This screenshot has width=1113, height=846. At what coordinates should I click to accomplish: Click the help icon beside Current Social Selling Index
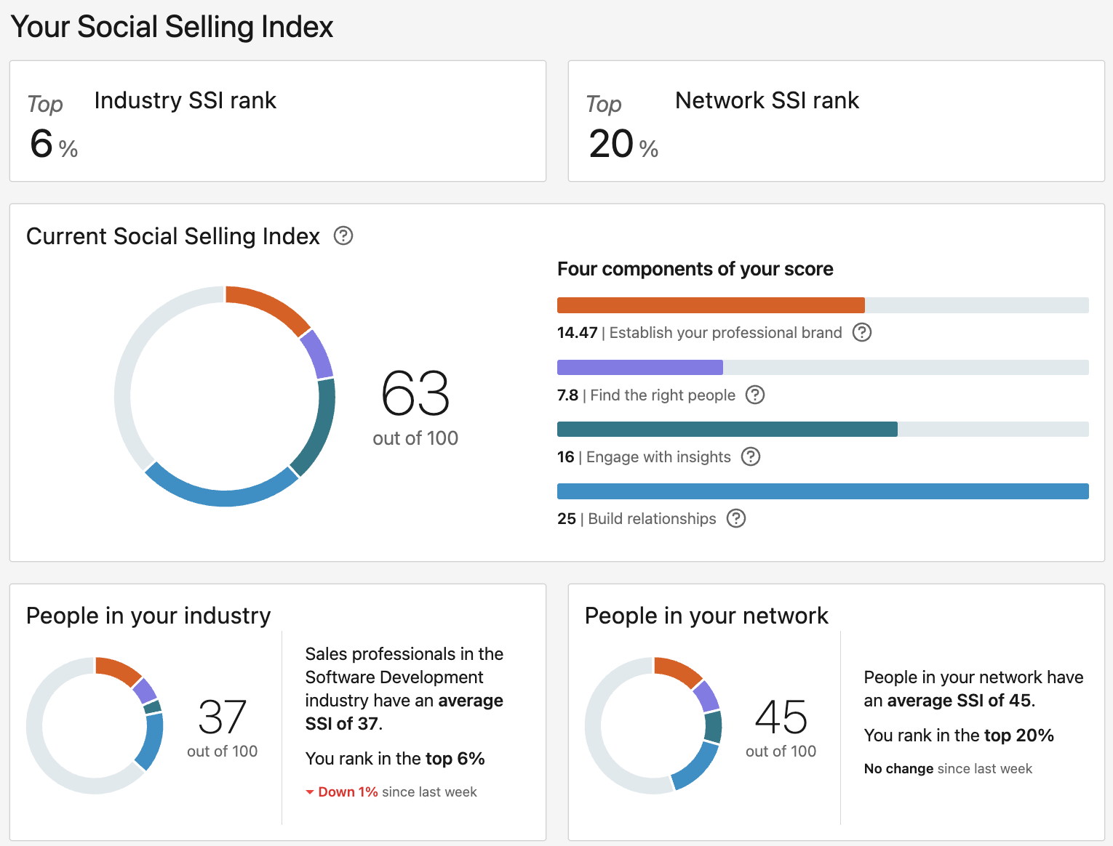coord(343,236)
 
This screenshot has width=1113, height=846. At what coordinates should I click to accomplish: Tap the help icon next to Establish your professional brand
coord(862,333)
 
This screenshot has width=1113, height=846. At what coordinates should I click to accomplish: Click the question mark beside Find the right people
coord(756,395)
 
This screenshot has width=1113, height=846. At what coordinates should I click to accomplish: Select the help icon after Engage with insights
coord(751,456)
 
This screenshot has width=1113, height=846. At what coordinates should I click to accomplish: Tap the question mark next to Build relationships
coord(736,518)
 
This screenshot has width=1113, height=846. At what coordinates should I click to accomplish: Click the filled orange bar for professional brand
coord(710,305)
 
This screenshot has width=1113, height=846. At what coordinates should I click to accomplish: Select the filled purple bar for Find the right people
coord(639,367)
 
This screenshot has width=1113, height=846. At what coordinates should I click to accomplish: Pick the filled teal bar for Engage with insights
coord(727,429)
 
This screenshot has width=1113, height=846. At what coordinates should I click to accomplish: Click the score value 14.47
coord(577,333)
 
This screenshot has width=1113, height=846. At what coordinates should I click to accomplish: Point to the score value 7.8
coord(567,395)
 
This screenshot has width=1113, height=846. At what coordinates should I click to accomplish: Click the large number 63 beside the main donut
coord(415,393)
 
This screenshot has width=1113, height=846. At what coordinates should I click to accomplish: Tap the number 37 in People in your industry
coord(223,717)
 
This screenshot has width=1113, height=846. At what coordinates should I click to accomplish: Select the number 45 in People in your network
coord(781,717)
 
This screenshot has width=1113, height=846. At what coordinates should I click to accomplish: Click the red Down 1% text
coord(348,792)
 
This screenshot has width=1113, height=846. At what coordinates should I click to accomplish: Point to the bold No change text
coord(898,769)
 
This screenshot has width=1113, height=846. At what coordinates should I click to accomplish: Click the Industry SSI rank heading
coord(185,100)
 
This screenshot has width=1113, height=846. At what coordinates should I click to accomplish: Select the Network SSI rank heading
coord(767,100)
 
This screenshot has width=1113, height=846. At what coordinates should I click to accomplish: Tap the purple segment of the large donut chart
coord(318,354)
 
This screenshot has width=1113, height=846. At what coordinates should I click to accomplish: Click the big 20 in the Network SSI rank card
coord(611,143)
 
